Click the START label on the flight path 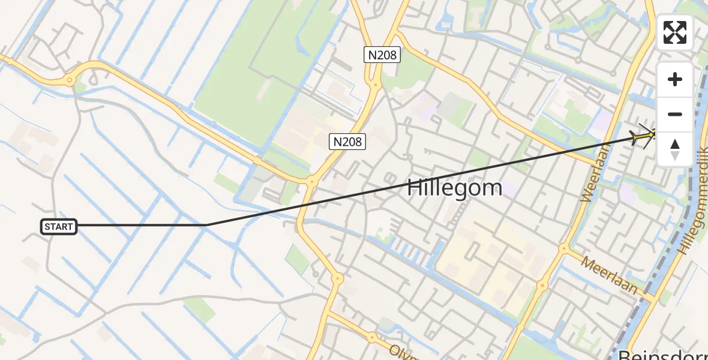point(59,227)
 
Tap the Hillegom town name point(454,188)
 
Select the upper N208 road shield point(382,55)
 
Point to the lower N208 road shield point(347,142)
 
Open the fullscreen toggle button point(675,32)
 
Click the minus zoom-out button point(675,114)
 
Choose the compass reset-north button point(675,148)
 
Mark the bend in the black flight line point(206,225)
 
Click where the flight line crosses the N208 point(305,204)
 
